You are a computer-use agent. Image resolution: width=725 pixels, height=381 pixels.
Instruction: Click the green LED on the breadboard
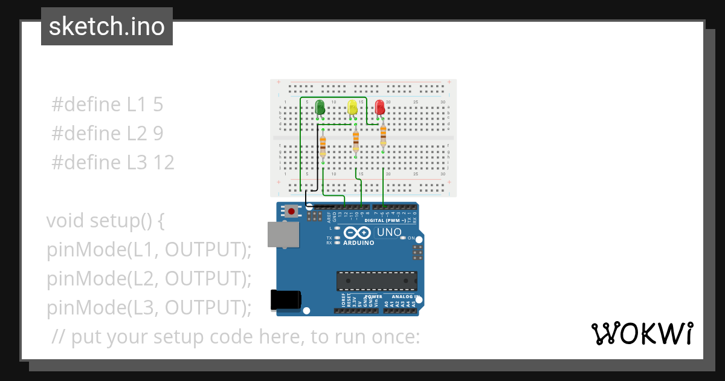(x=320, y=108)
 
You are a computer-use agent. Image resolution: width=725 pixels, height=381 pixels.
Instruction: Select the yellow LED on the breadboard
(x=353, y=108)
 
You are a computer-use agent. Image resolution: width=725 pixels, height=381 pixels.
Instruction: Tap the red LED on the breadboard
(x=380, y=108)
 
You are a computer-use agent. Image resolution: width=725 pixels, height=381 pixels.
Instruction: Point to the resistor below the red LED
(x=383, y=137)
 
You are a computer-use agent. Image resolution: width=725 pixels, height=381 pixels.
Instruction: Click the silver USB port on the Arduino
(x=283, y=234)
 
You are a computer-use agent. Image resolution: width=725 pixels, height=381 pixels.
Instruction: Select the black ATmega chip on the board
(x=376, y=281)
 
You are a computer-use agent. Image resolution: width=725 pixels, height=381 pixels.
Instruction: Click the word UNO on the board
(x=389, y=232)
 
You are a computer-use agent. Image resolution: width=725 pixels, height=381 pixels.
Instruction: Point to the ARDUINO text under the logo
(x=358, y=243)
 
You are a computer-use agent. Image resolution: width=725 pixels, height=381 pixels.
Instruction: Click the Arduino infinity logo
(x=357, y=233)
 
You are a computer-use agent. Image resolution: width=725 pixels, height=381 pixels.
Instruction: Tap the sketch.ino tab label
(x=107, y=27)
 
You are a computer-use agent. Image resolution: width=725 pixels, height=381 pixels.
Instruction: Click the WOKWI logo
(x=642, y=333)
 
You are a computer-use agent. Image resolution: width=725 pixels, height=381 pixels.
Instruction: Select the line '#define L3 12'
(x=113, y=162)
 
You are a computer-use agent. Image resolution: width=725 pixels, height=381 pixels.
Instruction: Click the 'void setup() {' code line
(x=106, y=221)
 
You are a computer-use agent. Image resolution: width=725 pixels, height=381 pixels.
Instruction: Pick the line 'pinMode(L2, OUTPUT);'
(x=149, y=279)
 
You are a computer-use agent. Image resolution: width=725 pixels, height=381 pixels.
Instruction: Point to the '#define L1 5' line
(x=108, y=104)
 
